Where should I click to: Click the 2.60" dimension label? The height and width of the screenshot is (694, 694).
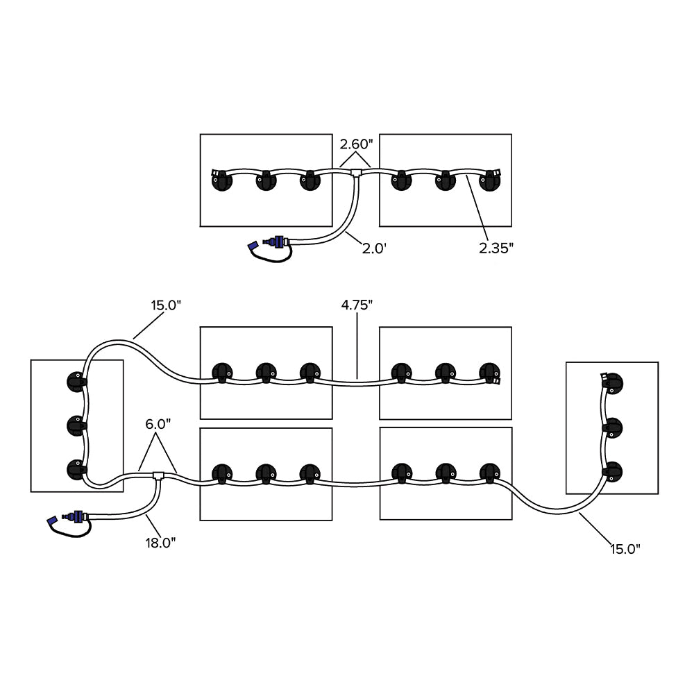[x=356, y=145]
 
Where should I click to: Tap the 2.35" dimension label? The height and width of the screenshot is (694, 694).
[x=496, y=248]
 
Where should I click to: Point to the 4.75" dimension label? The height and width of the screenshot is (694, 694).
[x=357, y=304]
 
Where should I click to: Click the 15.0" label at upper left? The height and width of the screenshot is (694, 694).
[x=167, y=304]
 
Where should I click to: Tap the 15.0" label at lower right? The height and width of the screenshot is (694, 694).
[x=625, y=549]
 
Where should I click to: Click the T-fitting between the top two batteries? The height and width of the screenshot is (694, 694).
[x=357, y=171]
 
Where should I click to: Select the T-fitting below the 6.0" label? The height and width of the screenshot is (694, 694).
[x=158, y=476]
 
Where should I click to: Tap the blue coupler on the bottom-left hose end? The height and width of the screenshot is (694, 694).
[x=76, y=516]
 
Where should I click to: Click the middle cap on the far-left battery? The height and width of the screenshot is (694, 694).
[x=76, y=424]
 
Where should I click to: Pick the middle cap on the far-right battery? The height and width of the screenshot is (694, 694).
[x=613, y=426]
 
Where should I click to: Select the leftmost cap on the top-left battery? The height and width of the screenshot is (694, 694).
[x=221, y=182]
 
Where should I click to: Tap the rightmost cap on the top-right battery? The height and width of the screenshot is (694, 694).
[x=491, y=180]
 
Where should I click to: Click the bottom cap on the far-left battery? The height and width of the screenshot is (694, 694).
[x=76, y=468]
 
